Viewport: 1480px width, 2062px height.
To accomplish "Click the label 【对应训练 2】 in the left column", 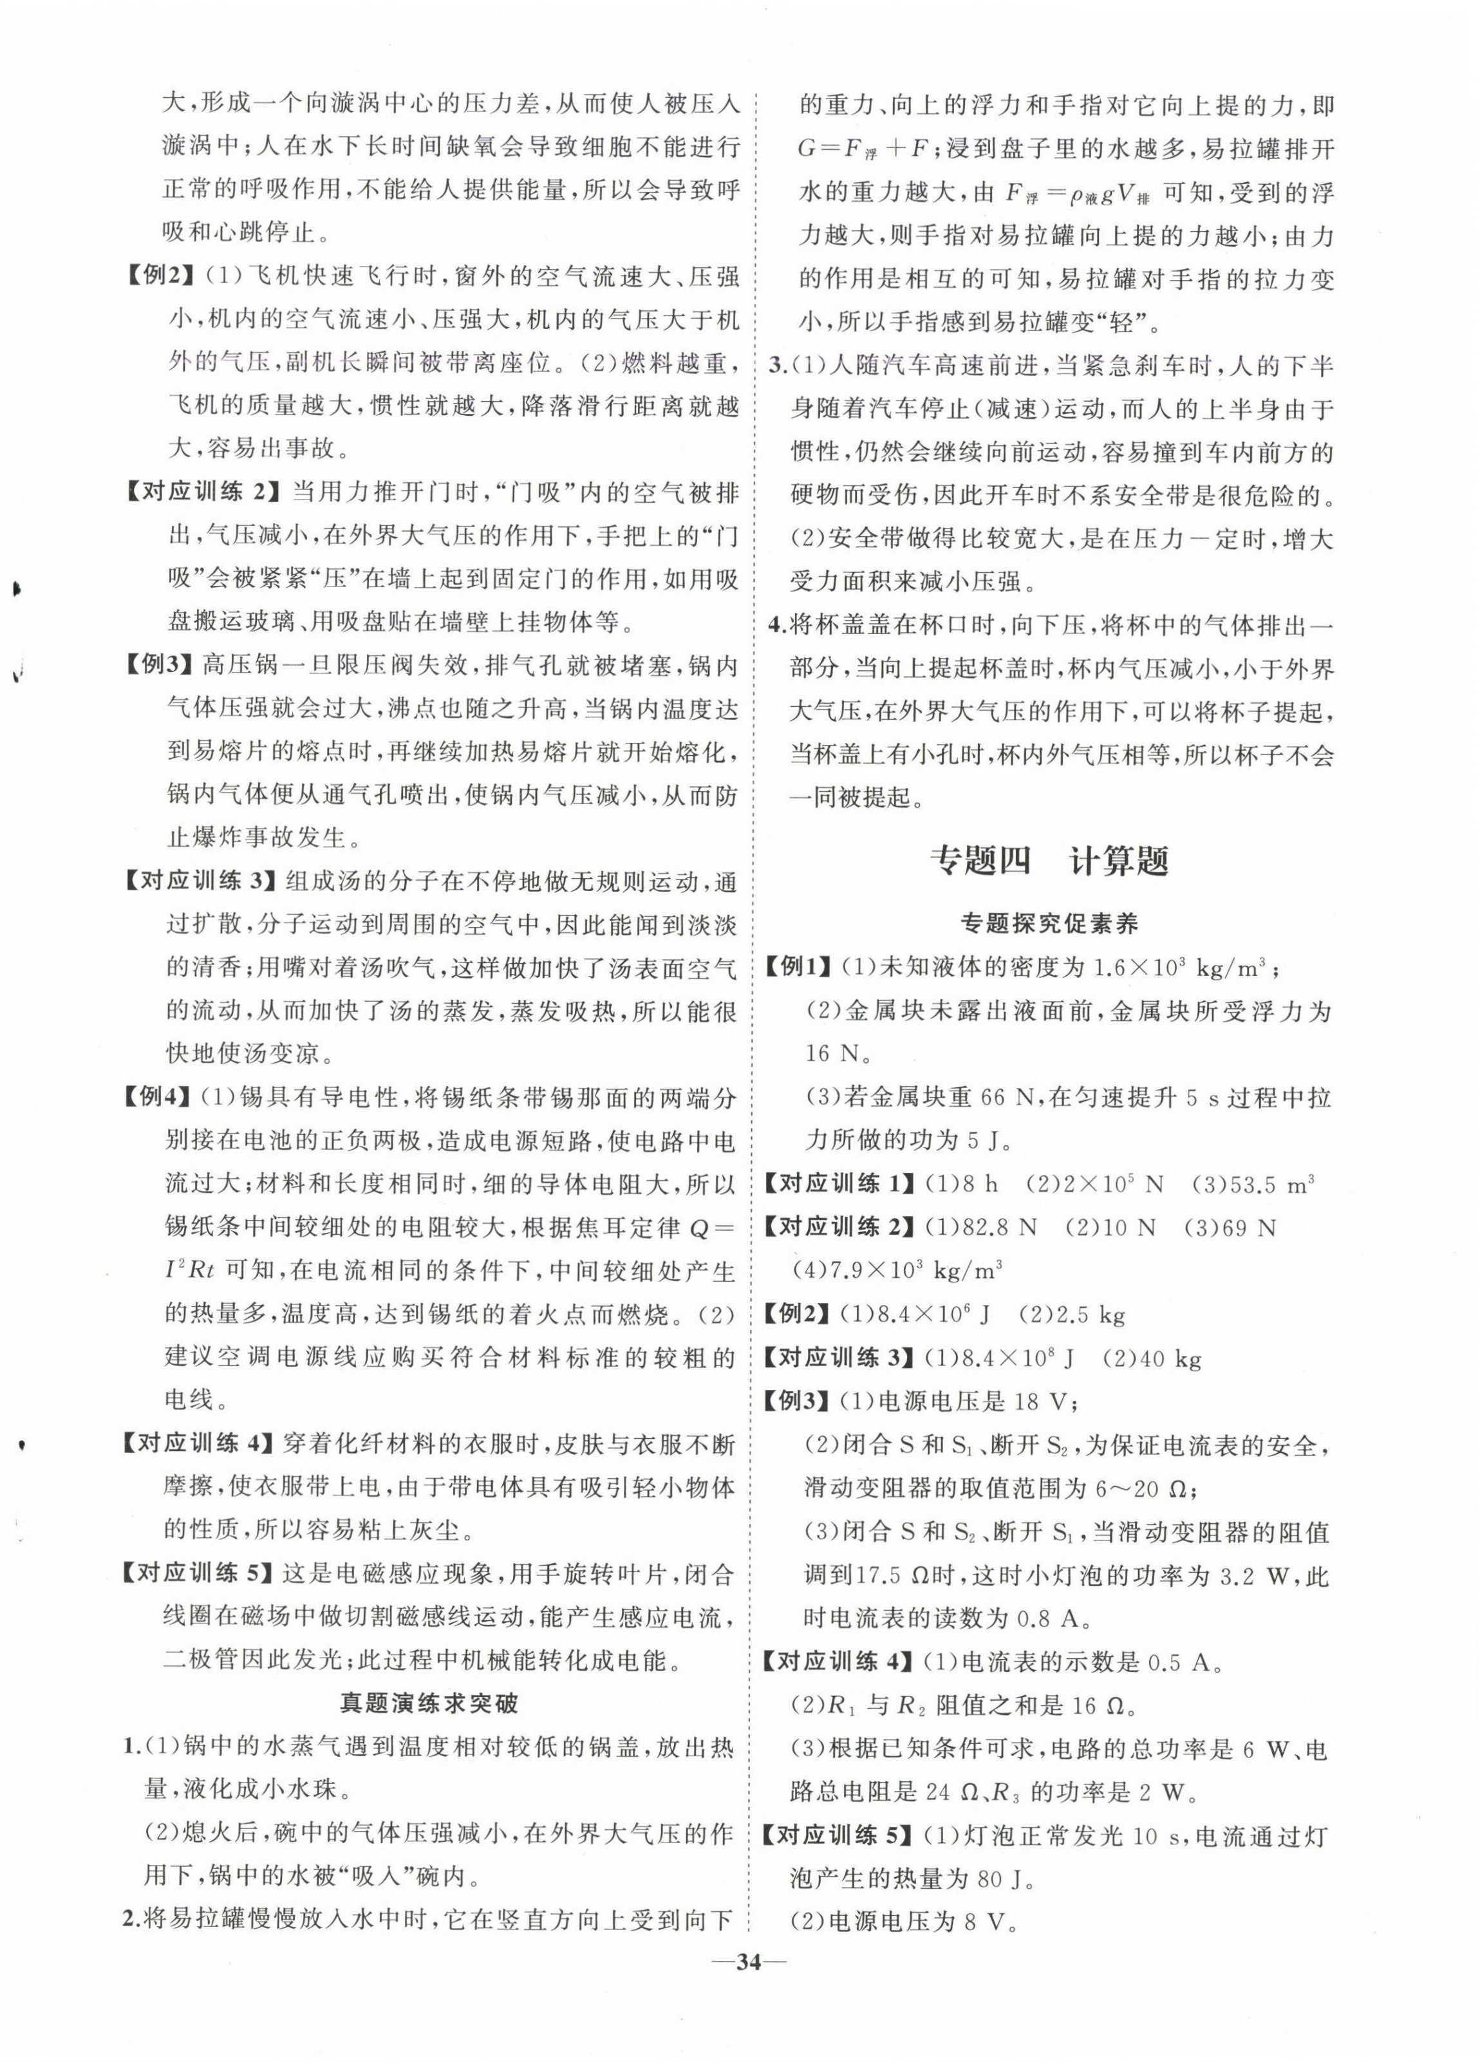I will (198, 492).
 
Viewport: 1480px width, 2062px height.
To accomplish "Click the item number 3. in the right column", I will (778, 366).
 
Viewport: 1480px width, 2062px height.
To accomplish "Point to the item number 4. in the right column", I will (778, 626).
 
